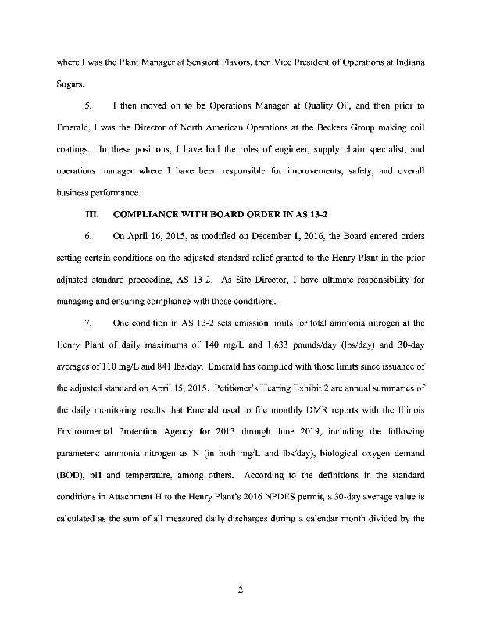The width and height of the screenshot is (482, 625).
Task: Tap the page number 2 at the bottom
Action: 241,590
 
